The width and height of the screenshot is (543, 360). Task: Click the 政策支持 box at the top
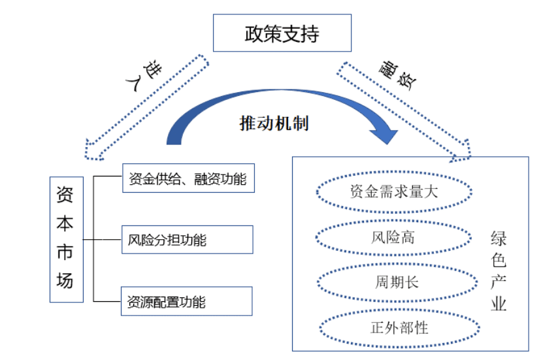[x=282, y=33]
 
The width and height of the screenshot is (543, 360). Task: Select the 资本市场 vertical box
[x=66, y=238]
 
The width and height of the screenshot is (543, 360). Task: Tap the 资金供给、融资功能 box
[x=188, y=179]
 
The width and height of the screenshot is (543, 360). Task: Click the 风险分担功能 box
[x=187, y=240]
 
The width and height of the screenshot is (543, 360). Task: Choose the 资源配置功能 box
[x=187, y=301]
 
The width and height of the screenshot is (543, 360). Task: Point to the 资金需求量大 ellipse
[x=394, y=192]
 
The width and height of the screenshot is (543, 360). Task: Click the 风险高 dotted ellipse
[x=394, y=237]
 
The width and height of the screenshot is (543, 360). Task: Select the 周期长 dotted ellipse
[x=394, y=282]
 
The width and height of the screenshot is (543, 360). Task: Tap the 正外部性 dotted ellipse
[x=394, y=327]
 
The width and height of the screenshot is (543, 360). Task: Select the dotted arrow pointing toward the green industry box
[x=405, y=108]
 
